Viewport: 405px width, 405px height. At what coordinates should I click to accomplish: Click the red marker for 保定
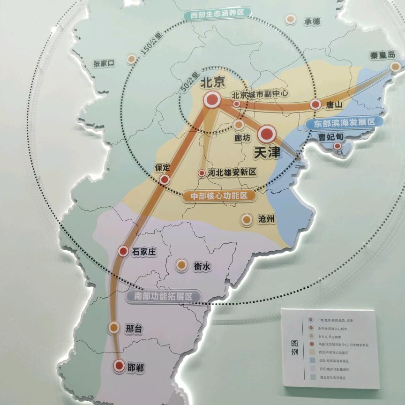164,180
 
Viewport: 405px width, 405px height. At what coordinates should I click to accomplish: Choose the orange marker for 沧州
246,219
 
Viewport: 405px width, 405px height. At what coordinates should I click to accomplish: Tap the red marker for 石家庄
123,251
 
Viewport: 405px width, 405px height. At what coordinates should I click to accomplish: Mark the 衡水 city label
202,266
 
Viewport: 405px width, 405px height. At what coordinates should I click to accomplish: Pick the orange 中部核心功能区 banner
219,196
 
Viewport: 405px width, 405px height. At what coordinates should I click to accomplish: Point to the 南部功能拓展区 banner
164,296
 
